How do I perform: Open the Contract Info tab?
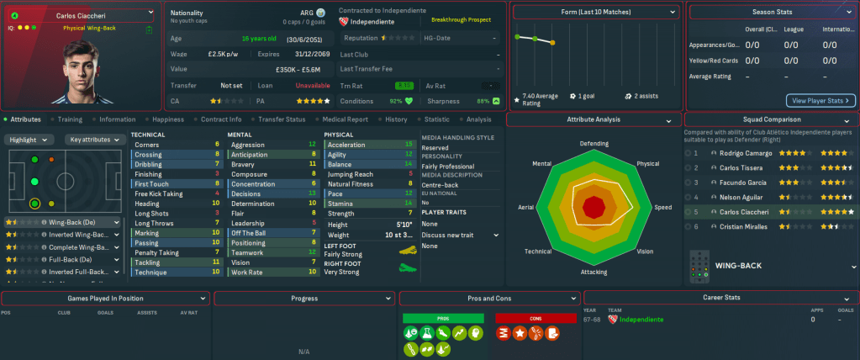(x=222, y=119)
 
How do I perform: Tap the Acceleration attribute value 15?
(x=409, y=145)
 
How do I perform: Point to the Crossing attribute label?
(x=148, y=155)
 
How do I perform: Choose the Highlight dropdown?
(x=30, y=140)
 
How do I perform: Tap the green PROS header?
(x=442, y=318)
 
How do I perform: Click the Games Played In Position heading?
(x=105, y=299)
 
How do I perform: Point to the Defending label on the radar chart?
(x=594, y=144)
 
